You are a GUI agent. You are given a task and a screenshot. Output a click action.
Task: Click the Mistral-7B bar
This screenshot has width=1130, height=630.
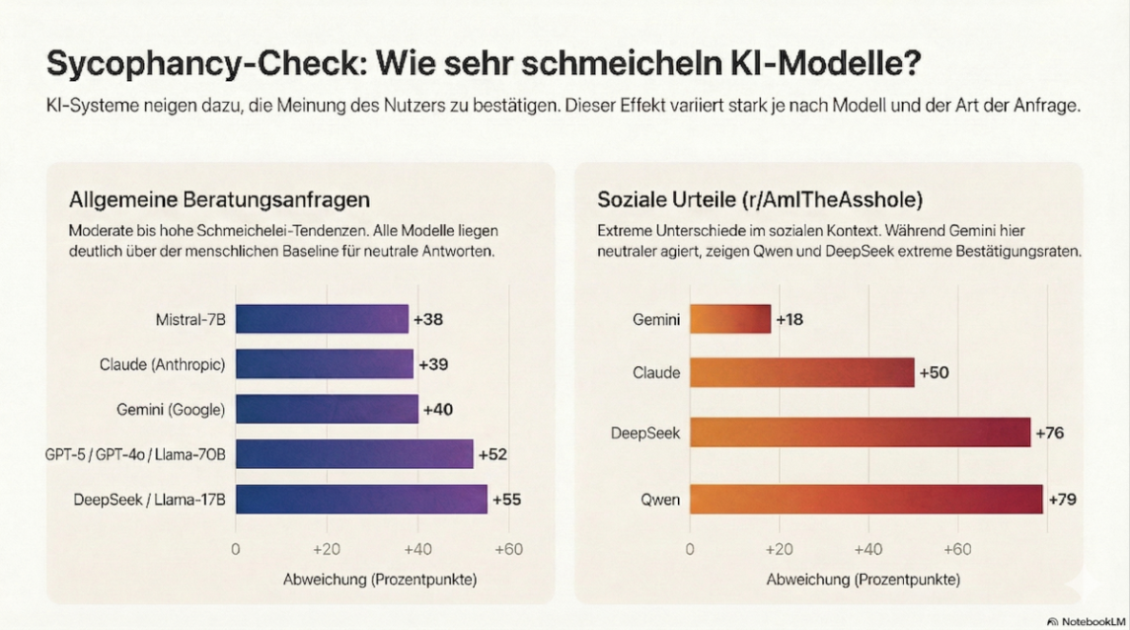pyautogui.click(x=322, y=319)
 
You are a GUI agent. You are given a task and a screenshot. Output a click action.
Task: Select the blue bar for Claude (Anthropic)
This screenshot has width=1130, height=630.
pyautogui.click(x=324, y=364)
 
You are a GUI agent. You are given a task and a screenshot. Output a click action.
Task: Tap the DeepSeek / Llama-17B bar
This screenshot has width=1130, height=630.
pyautogui.click(x=361, y=499)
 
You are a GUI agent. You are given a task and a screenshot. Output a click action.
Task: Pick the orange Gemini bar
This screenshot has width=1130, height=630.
pyautogui.click(x=729, y=319)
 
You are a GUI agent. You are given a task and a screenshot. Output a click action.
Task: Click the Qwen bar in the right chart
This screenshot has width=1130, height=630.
pyautogui.click(x=866, y=499)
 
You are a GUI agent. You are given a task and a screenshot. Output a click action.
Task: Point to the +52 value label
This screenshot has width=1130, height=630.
pyautogui.click(x=492, y=454)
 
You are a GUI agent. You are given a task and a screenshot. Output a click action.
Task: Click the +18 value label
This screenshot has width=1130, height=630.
pyautogui.click(x=790, y=319)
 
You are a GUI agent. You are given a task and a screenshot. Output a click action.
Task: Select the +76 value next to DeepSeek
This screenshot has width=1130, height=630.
pyautogui.click(x=1049, y=433)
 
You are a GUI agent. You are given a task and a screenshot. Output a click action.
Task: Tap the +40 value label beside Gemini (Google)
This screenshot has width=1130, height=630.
pyautogui.click(x=437, y=410)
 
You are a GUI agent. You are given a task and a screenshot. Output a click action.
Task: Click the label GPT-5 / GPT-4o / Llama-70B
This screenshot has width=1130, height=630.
pyautogui.click(x=135, y=454)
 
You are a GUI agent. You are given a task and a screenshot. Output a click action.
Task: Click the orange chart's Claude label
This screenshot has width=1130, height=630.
pyautogui.click(x=656, y=373)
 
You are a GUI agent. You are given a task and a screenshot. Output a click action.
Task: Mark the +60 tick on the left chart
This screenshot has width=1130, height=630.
pyautogui.click(x=508, y=549)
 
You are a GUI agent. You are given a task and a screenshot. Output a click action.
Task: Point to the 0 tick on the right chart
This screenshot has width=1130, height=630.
pyautogui.click(x=689, y=549)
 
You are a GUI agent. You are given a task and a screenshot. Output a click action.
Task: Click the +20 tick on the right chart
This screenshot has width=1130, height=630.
pyautogui.click(x=779, y=549)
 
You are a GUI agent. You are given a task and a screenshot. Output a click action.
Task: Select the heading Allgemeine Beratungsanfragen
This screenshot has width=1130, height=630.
pyautogui.click(x=219, y=199)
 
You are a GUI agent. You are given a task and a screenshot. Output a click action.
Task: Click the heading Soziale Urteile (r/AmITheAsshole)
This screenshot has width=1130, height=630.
pyautogui.click(x=760, y=199)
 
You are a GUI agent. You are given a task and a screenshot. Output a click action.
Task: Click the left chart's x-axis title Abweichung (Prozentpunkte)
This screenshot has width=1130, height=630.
pyautogui.click(x=380, y=580)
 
